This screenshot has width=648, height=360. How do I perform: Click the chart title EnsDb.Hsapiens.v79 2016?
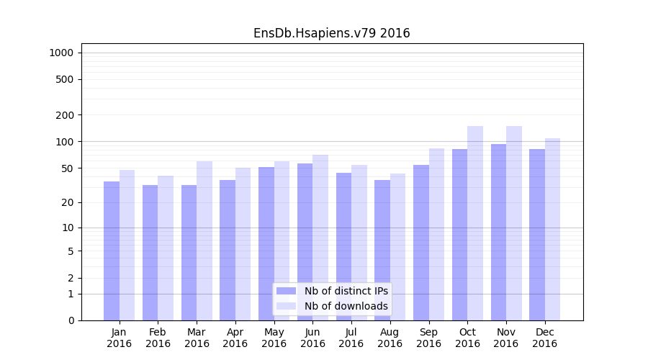(x=331, y=33)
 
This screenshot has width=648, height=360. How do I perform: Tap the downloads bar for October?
(x=475, y=223)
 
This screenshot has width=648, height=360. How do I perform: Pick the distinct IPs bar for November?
(x=498, y=232)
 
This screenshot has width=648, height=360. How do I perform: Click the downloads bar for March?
(x=204, y=240)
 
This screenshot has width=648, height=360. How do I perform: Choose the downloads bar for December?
(x=552, y=229)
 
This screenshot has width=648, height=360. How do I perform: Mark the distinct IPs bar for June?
(x=305, y=242)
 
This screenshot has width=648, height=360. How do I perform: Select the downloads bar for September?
(x=436, y=234)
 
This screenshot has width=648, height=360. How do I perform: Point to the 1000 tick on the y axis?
(x=61, y=53)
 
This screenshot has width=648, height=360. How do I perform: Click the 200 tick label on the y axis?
(x=66, y=115)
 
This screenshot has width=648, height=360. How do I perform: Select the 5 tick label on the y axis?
(x=71, y=251)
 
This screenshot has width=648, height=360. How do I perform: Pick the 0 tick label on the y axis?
(x=71, y=320)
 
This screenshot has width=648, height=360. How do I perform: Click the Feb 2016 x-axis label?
(x=158, y=338)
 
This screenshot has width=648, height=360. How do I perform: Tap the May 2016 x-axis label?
(x=274, y=338)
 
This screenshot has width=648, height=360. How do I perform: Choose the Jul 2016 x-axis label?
(x=351, y=338)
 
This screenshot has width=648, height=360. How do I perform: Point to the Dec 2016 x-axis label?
(x=544, y=338)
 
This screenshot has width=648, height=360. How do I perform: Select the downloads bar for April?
(x=243, y=244)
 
